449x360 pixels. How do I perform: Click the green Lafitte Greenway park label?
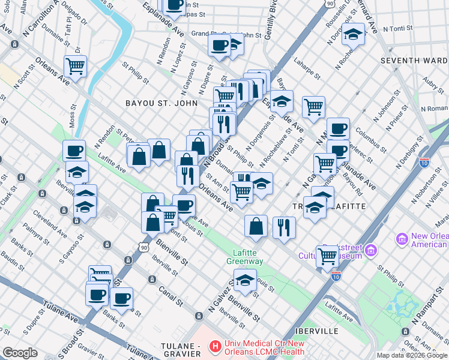point(244,257)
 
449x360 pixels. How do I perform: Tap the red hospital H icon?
point(214,346)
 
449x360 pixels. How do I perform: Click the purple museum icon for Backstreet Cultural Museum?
point(370,249)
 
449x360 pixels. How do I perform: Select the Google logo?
point(20,353)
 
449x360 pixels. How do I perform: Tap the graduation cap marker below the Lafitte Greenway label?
point(244,280)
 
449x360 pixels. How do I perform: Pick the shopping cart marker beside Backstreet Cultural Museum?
point(327,256)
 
